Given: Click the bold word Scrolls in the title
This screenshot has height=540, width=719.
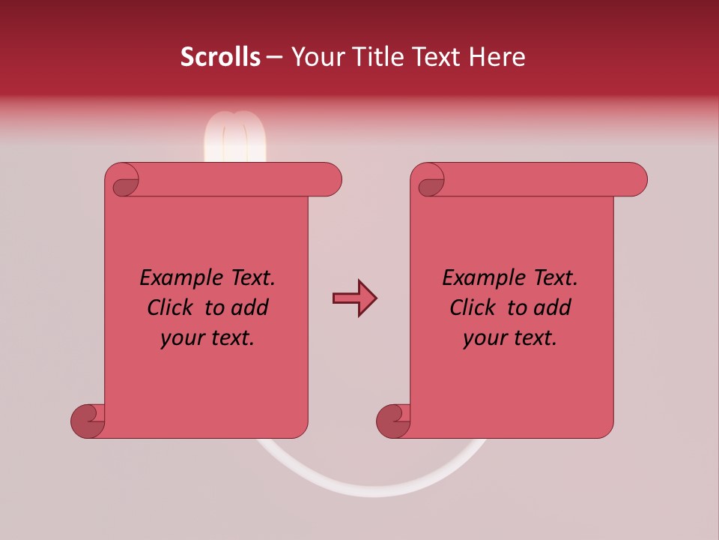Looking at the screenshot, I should pyautogui.click(x=221, y=57).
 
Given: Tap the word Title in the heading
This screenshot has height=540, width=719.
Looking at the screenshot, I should pyautogui.click(x=376, y=57).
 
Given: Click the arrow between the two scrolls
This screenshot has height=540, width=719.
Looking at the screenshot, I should pyautogui.click(x=354, y=298).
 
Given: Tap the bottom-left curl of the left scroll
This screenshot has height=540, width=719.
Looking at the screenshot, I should pyautogui.click(x=88, y=421).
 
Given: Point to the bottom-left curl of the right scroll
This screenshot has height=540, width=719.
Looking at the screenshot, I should pyautogui.click(x=394, y=421).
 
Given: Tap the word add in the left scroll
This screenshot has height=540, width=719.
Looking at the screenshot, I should pyautogui.click(x=250, y=307).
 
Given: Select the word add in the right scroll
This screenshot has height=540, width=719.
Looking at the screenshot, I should pyautogui.click(x=553, y=307).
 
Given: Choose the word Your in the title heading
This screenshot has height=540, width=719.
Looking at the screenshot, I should pyautogui.click(x=315, y=57).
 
